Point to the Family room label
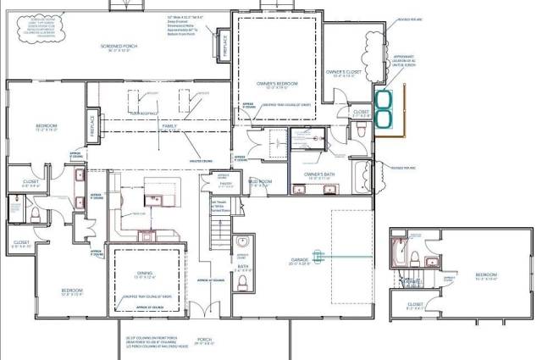tap(170, 125)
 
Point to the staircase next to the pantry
tap(218, 229)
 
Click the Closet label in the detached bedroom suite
tap(416, 304)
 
